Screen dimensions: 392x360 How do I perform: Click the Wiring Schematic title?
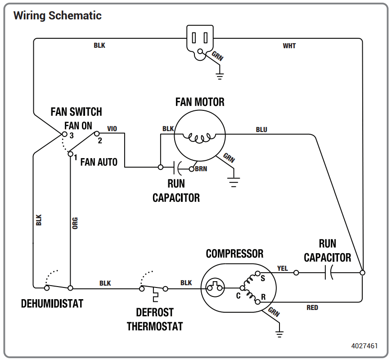[x=58, y=15]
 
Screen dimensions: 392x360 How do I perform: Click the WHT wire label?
[x=289, y=46]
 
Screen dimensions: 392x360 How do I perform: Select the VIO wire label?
[x=112, y=129]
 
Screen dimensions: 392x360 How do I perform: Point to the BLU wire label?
[x=261, y=130]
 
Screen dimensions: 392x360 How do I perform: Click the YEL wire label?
[x=283, y=269]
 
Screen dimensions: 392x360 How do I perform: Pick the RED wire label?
[x=312, y=307]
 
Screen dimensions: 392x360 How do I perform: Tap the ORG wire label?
[x=75, y=223]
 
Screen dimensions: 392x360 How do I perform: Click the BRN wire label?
[x=201, y=169]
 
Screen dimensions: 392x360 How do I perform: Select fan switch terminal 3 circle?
[x=64, y=134]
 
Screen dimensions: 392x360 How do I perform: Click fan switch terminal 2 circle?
[x=97, y=134]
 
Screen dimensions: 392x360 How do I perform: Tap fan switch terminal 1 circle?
[x=71, y=154]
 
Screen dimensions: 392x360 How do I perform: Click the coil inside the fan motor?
[x=199, y=138]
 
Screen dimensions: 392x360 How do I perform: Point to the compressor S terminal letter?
[x=263, y=278]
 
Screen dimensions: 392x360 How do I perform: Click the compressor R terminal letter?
[x=263, y=297]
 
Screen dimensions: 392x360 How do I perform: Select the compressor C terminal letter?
[x=238, y=296]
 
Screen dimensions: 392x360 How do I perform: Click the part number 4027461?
[x=364, y=346]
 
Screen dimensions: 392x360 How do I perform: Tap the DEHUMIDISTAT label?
[x=52, y=304]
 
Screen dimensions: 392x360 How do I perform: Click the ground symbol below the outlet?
[x=220, y=76]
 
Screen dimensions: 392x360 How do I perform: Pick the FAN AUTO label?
[x=99, y=162]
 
